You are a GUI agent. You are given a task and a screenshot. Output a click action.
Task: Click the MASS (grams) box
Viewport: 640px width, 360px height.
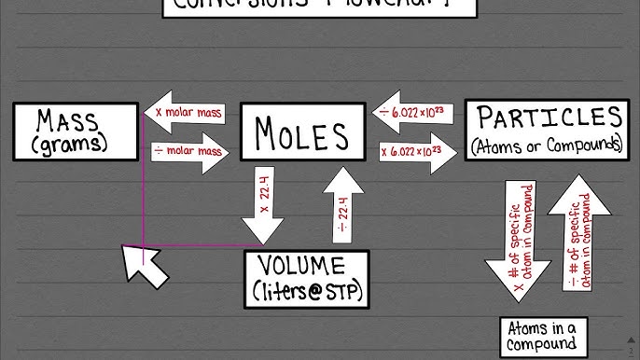(72, 132)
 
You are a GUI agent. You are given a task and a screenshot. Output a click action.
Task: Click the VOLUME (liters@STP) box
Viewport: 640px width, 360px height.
(306, 278)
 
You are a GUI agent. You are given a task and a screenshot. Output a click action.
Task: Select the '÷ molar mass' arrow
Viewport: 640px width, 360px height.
(189, 150)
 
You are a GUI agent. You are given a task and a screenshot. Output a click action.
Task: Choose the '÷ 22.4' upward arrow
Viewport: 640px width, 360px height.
(343, 205)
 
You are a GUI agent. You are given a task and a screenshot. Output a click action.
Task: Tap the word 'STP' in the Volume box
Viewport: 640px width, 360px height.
(341, 292)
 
